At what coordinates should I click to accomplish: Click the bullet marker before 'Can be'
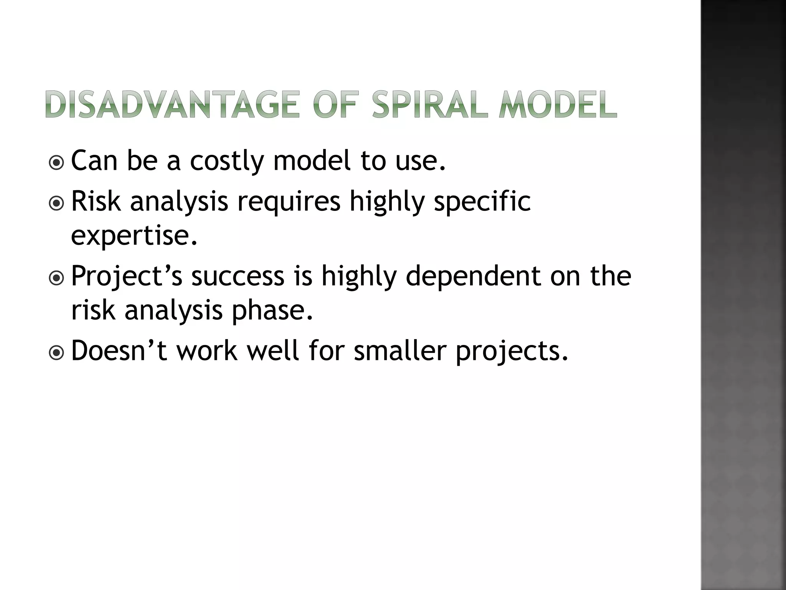57,163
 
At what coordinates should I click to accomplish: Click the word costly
227,161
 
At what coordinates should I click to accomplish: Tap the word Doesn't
119,351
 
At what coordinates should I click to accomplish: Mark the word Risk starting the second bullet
96,201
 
